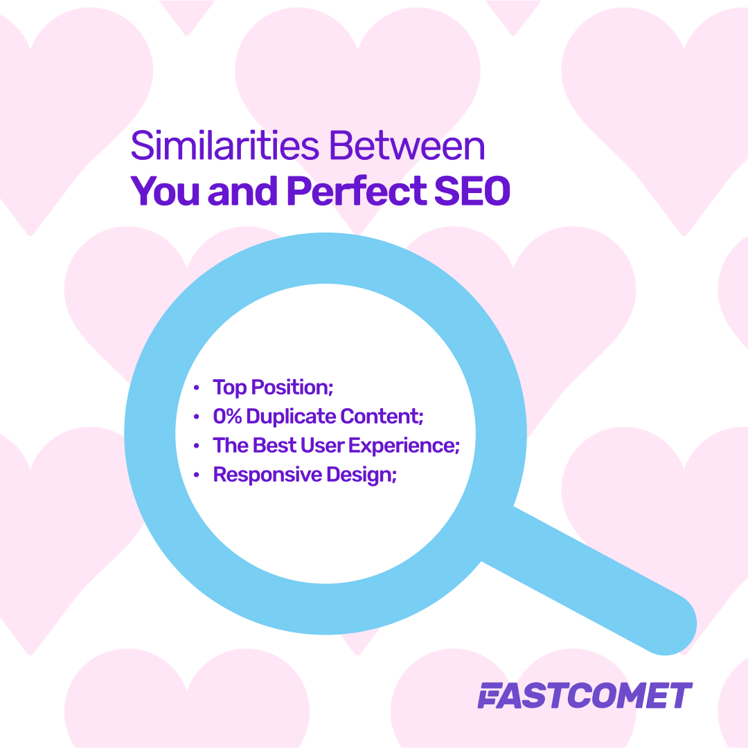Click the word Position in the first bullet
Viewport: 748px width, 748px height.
click(293, 387)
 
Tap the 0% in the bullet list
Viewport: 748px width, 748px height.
click(227, 417)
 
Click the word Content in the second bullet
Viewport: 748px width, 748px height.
click(382, 417)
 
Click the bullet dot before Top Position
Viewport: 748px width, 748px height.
click(197, 387)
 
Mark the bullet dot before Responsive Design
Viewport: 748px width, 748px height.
click(197, 475)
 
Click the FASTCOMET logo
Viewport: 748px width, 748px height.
click(585, 695)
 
